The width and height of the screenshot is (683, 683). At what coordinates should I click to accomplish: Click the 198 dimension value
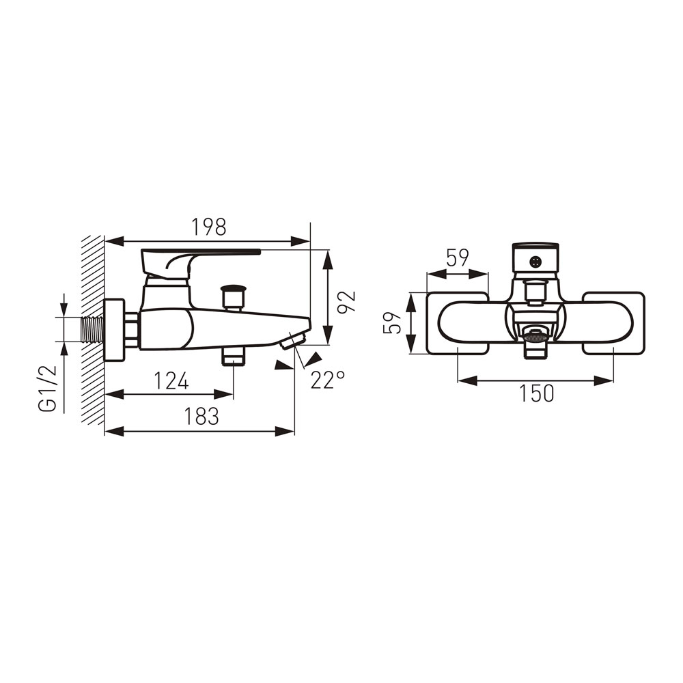coord(209,227)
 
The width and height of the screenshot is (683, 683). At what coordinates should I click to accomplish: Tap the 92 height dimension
coord(347,301)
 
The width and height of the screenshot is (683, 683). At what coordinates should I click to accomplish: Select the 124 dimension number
coord(171,381)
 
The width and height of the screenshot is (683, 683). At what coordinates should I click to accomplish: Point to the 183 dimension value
coord(201,417)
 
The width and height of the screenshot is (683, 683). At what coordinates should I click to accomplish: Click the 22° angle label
coord(328,380)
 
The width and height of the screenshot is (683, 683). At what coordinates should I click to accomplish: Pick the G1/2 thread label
coord(48,388)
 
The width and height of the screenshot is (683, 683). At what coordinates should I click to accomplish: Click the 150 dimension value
coord(537,394)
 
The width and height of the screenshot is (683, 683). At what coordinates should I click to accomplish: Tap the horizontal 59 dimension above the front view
coord(458,258)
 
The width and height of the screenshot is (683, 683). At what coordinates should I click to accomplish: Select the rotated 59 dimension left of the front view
coord(392,322)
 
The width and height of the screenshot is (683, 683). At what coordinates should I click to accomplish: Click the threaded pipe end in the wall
coord(92,330)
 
